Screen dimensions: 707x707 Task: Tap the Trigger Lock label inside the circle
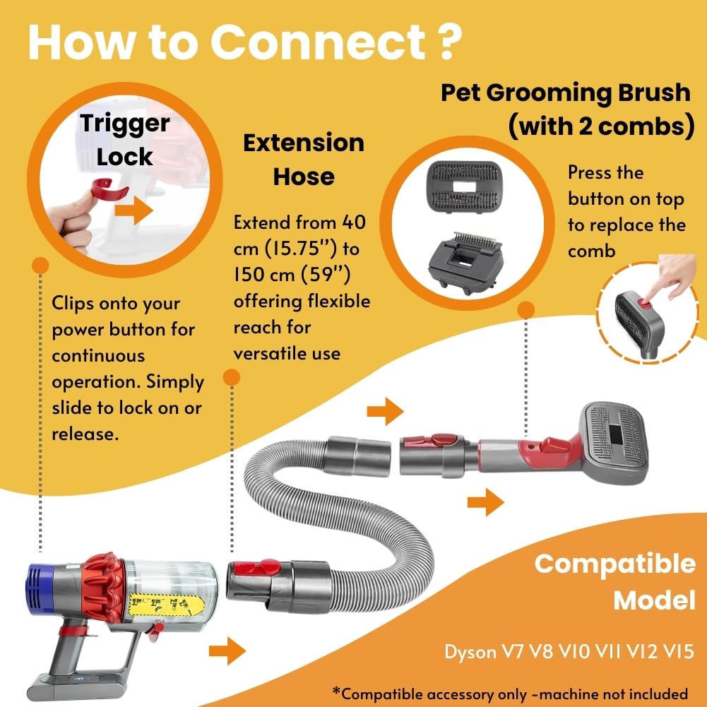click(124, 138)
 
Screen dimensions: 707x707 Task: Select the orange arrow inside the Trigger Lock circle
click(133, 210)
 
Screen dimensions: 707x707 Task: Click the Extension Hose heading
click(303, 160)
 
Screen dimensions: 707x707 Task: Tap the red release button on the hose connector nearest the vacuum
click(261, 567)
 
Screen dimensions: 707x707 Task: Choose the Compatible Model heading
click(614, 581)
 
